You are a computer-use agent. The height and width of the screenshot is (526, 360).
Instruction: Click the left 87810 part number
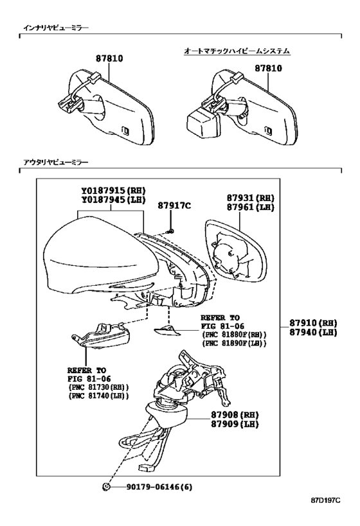pos(109,58)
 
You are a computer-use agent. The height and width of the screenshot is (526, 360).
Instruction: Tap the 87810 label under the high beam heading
pos(268,69)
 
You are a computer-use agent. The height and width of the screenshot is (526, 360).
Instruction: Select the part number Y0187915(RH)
pos(113,191)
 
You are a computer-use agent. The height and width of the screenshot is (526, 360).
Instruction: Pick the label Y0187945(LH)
pos(113,200)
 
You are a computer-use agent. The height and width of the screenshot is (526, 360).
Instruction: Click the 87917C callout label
pos(174,206)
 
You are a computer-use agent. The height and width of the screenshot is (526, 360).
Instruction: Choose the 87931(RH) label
pos(250,198)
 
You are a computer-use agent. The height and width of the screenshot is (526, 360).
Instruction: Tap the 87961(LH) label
pos(250,207)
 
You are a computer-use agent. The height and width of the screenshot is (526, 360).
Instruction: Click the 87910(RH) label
pos(313,323)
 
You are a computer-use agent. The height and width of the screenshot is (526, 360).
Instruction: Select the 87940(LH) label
pos(313,333)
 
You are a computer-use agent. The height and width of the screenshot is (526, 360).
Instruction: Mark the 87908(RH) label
pos(235,415)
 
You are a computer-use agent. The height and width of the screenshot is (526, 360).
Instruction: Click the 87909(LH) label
pos(235,425)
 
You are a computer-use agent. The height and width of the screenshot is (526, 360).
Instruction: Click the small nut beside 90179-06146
pos(106,487)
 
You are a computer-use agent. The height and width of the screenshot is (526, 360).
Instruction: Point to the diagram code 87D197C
pos(325,509)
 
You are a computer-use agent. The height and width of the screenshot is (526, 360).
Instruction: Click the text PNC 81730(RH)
pos(98,387)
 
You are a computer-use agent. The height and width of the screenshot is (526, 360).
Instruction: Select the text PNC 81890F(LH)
pos(234,344)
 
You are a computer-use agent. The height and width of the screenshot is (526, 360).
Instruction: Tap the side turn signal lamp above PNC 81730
pos(101,335)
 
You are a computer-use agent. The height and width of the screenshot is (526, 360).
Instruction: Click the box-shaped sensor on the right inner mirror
pos(202,123)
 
